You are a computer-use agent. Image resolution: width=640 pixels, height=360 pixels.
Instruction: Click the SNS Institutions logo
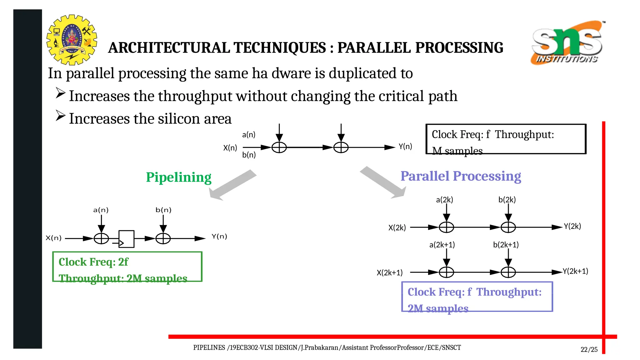pyautogui.click(x=567, y=43)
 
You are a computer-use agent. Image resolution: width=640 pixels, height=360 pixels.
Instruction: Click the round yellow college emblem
pyautogui.click(x=72, y=40)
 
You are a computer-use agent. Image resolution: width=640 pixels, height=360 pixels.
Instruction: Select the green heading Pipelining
pyautogui.click(x=178, y=177)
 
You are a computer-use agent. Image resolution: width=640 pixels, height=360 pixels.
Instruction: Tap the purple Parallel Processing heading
pyautogui.click(x=461, y=176)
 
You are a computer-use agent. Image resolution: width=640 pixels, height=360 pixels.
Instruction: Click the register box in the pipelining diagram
pyautogui.click(x=126, y=239)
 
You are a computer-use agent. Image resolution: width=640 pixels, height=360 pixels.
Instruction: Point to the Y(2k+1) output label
pyautogui.click(x=575, y=271)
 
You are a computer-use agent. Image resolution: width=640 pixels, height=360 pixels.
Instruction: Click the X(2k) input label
pyautogui.click(x=397, y=228)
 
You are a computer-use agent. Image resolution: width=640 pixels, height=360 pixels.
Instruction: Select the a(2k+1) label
pyautogui.click(x=442, y=245)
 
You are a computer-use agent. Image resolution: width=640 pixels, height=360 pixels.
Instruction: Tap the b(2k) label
pyautogui.click(x=507, y=200)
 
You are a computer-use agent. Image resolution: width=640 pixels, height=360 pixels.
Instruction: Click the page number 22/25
pyautogui.click(x=589, y=350)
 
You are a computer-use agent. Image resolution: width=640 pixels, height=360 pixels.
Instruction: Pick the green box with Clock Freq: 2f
pyautogui.click(x=127, y=267)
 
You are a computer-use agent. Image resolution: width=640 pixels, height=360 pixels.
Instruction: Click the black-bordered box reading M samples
pyautogui.click(x=506, y=139)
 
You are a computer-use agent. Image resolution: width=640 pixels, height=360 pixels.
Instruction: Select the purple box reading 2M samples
pyautogui.click(x=477, y=297)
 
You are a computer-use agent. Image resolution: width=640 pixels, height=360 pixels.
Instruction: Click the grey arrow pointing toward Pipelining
pyautogui.click(x=233, y=185)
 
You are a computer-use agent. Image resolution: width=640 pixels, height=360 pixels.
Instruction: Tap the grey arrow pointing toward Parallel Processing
pyautogui.click(x=383, y=182)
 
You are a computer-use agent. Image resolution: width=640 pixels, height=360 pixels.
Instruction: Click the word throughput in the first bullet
pyautogui.click(x=195, y=96)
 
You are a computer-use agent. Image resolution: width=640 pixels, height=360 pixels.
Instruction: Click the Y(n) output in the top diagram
pyautogui.click(x=405, y=147)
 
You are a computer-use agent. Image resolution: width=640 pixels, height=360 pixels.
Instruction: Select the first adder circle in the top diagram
pyautogui.click(x=279, y=147)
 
